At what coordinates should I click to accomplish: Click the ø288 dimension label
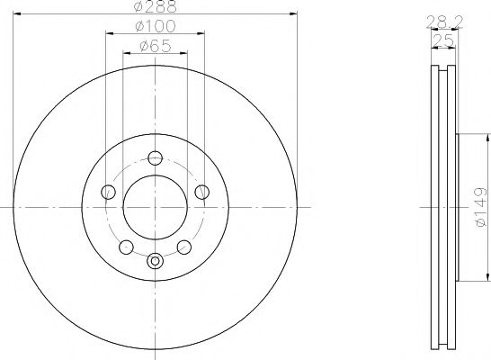[x=155, y=6]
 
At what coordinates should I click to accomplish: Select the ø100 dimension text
[x=156, y=26]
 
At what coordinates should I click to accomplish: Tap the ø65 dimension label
[x=156, y=46]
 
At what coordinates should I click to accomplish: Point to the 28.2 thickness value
[x=444, y=22]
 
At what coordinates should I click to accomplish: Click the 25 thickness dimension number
[x=443, y=40]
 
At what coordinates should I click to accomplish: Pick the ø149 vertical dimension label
[x=481, y=207]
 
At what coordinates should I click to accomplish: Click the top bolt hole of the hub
[x=155, y=157]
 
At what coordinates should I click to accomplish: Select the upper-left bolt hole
[x=108, y=192]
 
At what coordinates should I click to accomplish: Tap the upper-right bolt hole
[x=202, y=192]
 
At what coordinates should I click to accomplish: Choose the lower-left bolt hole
[x=126, y=247]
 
